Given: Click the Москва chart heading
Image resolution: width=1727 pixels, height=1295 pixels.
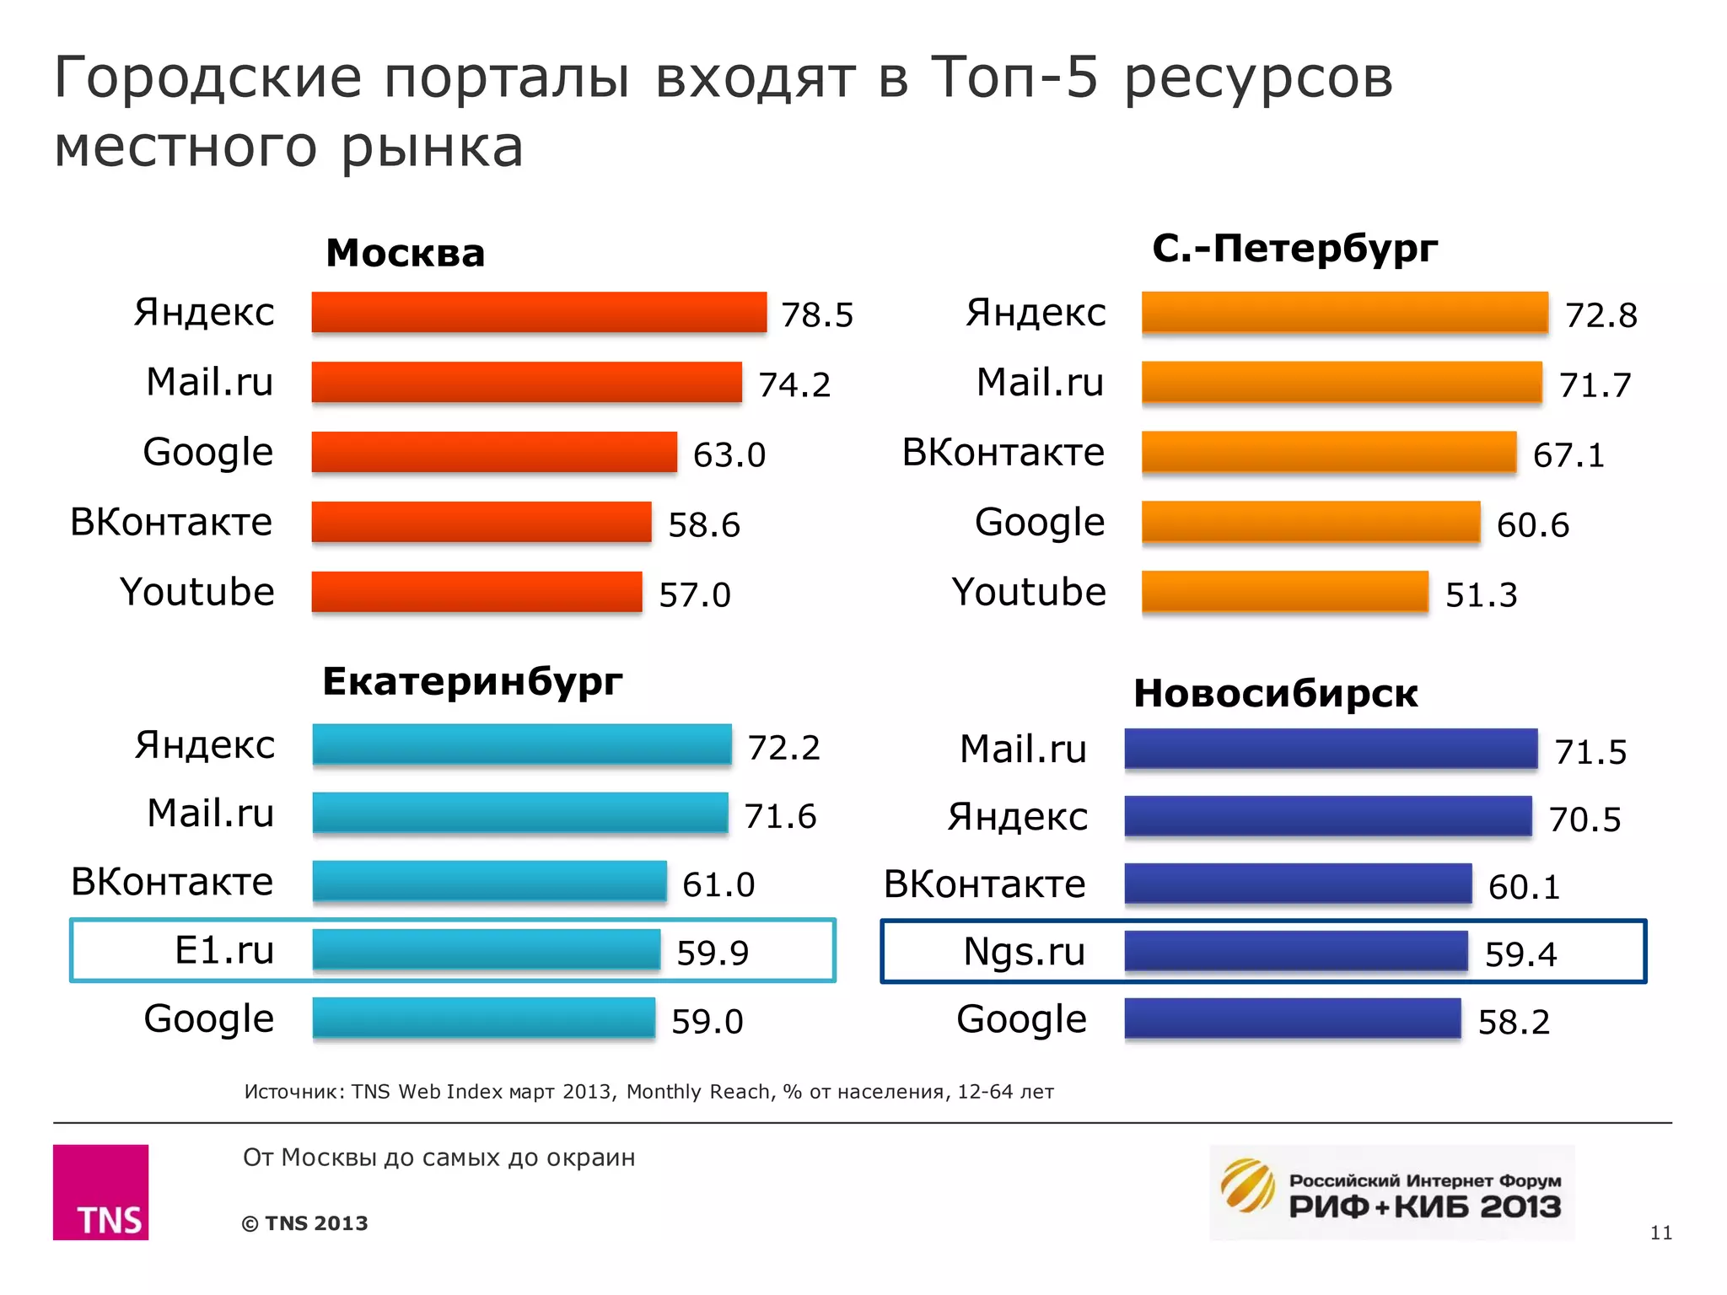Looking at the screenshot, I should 405,253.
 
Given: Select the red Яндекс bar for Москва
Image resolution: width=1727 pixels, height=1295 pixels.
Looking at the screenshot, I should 538,313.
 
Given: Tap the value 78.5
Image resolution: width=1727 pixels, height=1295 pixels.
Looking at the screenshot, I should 816,315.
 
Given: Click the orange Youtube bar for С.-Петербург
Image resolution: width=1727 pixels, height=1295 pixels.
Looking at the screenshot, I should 1284,592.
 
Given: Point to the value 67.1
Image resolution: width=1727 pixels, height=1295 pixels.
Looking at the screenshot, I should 1568,455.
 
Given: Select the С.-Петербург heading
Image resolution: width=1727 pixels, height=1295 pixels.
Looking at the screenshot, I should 1294,249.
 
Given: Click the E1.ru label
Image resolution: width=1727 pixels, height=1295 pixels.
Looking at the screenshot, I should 223,950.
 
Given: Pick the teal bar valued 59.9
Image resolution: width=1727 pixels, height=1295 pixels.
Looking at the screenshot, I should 486,950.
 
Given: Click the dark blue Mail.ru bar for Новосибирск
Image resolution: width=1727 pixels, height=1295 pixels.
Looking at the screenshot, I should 1330,749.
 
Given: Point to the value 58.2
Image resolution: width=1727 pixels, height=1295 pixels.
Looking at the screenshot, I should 1514,1023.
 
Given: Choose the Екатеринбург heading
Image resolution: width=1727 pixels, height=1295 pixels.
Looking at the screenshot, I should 472,681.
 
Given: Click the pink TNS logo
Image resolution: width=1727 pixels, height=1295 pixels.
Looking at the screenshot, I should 100,1191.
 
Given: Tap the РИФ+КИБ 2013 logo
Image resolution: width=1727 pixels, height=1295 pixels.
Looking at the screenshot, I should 1391,1192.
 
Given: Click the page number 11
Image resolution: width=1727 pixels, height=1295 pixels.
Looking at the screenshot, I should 1660,1233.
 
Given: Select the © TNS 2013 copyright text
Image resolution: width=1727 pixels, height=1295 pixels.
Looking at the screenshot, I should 304,1223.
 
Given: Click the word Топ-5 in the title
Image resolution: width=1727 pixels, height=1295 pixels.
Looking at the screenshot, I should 1014,78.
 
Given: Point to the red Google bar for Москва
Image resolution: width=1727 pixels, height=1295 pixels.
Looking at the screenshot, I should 493,453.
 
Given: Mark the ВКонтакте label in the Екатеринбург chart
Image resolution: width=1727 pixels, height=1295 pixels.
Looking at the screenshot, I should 172,882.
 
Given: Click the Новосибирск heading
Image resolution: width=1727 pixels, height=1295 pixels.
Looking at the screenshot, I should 1275,694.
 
